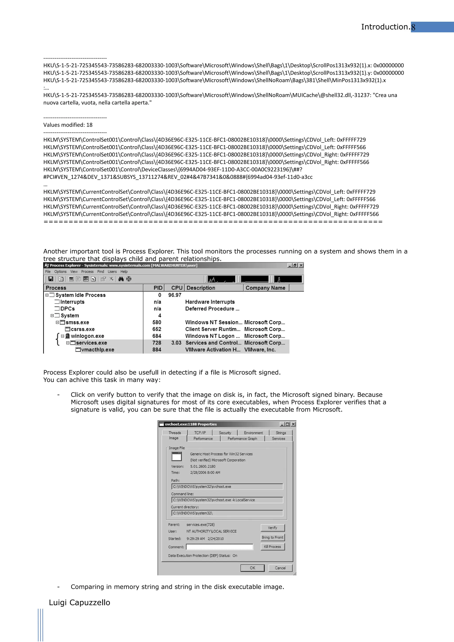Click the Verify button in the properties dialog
pyautogui.click(x=272, y=528)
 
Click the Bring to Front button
pyautogui.click(x=272, y=537)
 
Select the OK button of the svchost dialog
pyautogui.click(x=252, y=568)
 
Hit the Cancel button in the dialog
pyautogui.click(x=280, y=568)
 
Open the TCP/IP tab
pyautogui.click(x=200, y=433)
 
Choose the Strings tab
pyautogui.click(x=281, y=433)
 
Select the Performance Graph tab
pyautogui.click(x=242, y=438)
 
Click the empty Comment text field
pyautogui.click(x=220, y=547)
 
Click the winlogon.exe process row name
pyautogui.click(x=87, y=336)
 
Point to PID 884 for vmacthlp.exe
pyautogui.click(x=157, y=350)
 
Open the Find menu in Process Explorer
pyautogui.click(x=100, y=272)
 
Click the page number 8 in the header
pyautogui.click(x=413, y=27)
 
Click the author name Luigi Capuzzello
pyautogui.click(x=79, y=602)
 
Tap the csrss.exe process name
pyautogui.click(x=82, y=329)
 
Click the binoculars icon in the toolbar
pyautogui.click(x=121, y=279)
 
